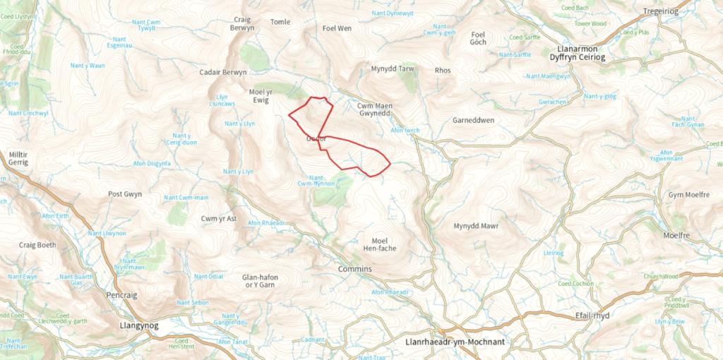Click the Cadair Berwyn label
(x=223, y=73)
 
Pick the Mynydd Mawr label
(x=476, y=226)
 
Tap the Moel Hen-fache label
(x=379, y=244)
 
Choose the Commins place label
(x=355, y=270)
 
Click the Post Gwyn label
(x=125, y=194)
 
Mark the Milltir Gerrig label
(x=18, y=157)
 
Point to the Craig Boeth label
(x=37, y=245)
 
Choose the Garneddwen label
(x=472, y=120)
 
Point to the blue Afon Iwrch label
(x=405, y=131)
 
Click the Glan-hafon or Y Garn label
(x=258, y=281)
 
